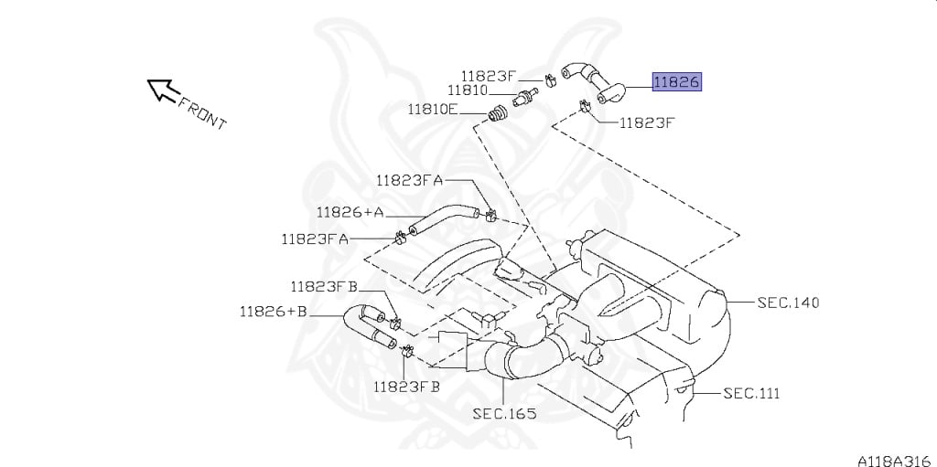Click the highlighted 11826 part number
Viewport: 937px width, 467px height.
click(x=676, y=82)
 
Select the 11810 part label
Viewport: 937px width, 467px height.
click(x=468, y=90)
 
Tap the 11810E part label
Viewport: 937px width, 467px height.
click(x=433, y=110)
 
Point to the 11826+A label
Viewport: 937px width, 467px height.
click(x=350, y=212)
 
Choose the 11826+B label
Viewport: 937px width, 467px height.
click(x=274, y=311)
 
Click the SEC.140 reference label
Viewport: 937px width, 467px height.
click(x=788, y=302)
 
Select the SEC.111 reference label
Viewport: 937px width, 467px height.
click(x=752, y=394)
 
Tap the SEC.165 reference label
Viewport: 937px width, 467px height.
click(x=504, y=413)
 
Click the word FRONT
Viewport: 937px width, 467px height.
click(x=202, y=113)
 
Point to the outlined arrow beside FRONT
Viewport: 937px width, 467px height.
click(x=163, y=90)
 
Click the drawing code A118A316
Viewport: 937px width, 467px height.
click(x=896, y=461)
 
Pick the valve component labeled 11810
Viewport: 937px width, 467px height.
click(x=525, y=98)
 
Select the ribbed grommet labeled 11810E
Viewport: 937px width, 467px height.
click(x=497, y=114)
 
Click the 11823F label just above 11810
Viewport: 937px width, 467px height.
click(x=488, y=76)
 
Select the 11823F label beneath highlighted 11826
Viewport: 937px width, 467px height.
click(x=646, y=123)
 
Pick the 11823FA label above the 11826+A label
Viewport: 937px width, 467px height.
click(x=410, y=180)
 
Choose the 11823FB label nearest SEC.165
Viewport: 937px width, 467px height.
click(x=406, y=387)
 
